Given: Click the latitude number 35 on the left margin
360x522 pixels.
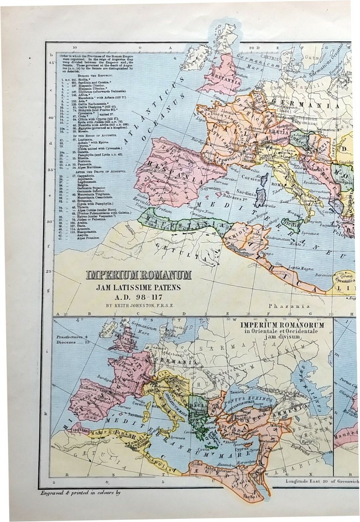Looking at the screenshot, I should click(x=51, y=170).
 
